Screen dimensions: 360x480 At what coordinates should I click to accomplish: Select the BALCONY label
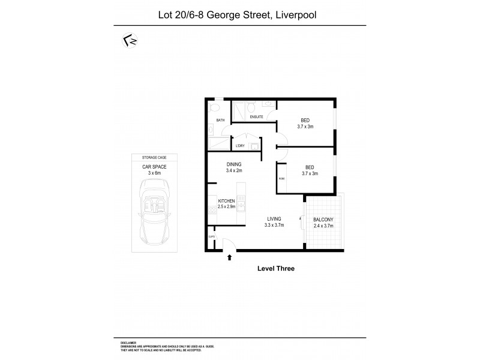(325, 220)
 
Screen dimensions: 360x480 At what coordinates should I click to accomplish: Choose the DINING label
(234, 164)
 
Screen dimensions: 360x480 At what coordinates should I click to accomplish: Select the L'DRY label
(240, 146)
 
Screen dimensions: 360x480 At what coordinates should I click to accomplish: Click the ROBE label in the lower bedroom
(281, 179)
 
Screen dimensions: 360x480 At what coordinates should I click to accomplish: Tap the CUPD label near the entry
(212, 237)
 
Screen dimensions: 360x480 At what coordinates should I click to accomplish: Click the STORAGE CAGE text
(154, 157)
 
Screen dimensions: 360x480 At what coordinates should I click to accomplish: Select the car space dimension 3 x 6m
(154, 172)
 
